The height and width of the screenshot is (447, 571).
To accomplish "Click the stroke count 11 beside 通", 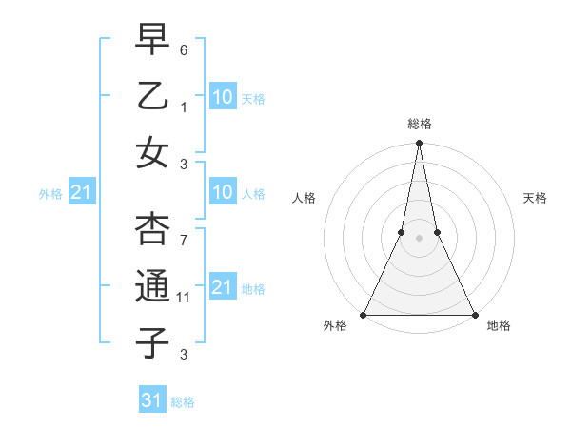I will click(x=184, y=298).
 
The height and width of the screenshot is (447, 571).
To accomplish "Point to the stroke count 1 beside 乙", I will click(x=185, y=107).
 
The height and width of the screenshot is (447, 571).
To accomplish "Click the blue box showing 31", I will click(x=153, y=400).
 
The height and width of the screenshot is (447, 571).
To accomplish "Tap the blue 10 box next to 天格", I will click(x=222, y=96).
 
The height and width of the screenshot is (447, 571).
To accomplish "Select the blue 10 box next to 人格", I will click(x=222, y=192).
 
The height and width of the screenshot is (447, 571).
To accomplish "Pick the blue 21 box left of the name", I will click(x=81, y=193).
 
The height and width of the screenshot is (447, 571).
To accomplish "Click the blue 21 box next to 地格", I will click(x=222, y=286).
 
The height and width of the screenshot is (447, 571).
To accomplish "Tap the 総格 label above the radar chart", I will click(x=419, y=124).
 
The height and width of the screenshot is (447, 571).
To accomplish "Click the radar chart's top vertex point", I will click(x=419, y=144).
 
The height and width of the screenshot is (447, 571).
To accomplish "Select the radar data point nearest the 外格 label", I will click(x=364, y=315).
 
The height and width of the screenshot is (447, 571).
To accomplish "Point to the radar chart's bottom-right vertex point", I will click(x=474, y=315).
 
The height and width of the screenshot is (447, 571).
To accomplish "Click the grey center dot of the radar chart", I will click(x=419, y=239).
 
